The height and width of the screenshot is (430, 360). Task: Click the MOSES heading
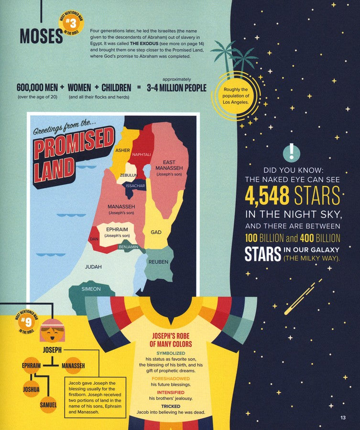(41, 36)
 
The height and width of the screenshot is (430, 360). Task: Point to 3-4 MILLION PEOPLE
(176, 88)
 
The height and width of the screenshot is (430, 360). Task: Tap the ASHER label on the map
(123, 150)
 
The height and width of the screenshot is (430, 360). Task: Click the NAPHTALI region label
(142, 155)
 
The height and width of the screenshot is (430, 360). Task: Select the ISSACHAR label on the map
(135, 186)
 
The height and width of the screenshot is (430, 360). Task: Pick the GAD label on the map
(156, 232)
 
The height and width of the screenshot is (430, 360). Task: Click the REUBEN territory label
(158, 262)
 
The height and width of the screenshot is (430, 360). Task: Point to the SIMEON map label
(91, 289)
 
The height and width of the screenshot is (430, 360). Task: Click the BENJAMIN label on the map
(128, 247)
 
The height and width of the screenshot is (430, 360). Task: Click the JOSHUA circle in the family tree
(31, 389)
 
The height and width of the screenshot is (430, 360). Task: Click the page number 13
(342, 419)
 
